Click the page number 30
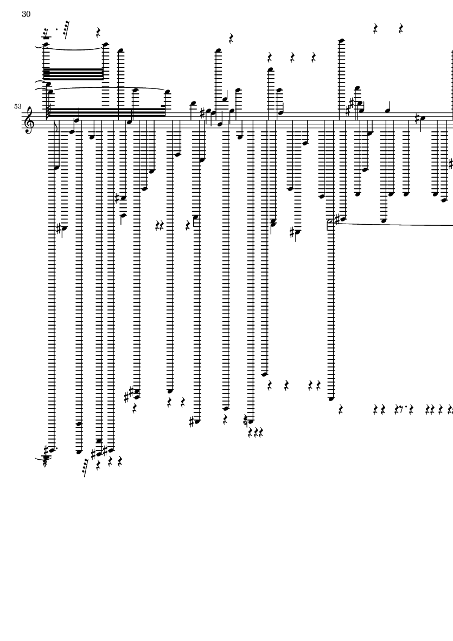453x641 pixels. [x=26, y=14]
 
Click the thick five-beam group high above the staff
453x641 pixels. [x=74, y=73]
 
